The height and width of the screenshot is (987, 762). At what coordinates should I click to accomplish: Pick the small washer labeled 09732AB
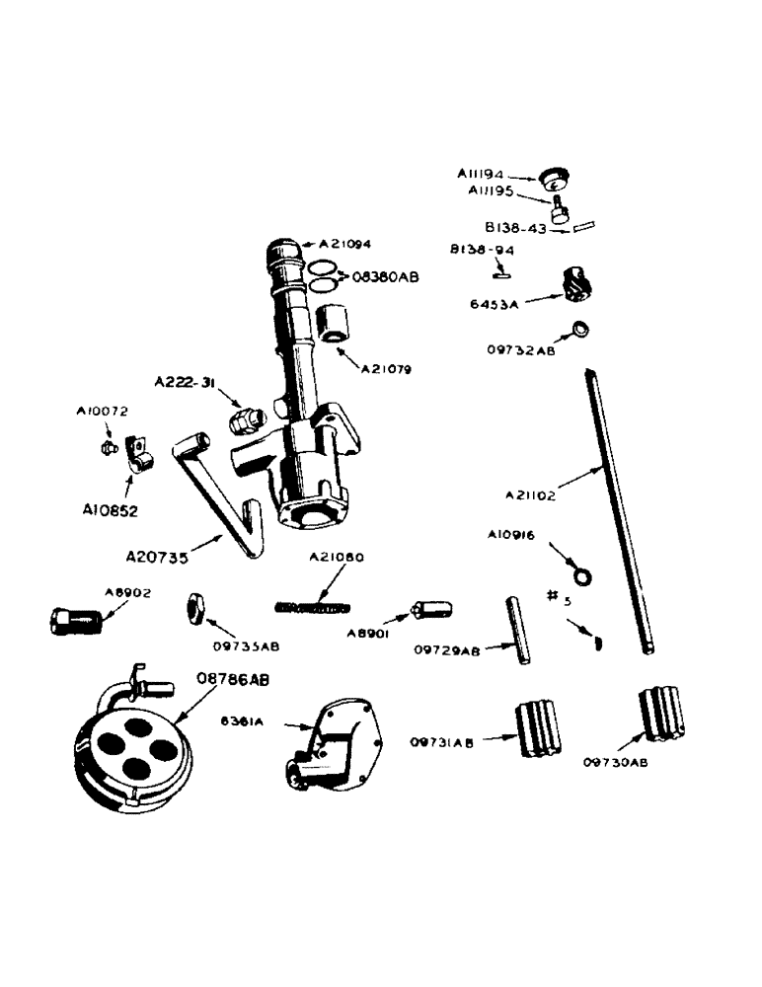[x=581, y=329]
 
